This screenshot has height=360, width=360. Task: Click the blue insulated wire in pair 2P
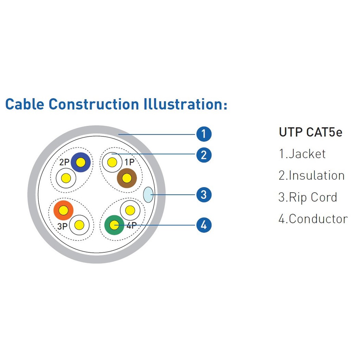click(81, 162)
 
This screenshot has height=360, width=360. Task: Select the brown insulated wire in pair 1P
click(127, 178)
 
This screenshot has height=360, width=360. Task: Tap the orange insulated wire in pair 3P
click(63, 210)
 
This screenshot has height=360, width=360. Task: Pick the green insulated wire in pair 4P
click(114, 225)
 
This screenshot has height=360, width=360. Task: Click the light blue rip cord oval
click(148, 195)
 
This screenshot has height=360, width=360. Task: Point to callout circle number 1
click(204, 134)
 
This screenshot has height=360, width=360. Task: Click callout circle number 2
click(204, 155)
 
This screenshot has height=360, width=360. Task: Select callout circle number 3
click(204, 195)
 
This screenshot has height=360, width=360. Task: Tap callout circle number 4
click(204, 225)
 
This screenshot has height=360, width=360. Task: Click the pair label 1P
click(129, 162)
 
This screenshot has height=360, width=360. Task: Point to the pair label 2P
click(64, 162)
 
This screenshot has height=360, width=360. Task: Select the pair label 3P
click(62, 226)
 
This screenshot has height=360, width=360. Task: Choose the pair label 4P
click(131, 225)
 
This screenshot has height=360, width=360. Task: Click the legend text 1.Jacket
click(302, 154)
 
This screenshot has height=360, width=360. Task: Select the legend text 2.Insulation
click(311, 175)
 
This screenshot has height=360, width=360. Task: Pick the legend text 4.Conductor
click(313, 219)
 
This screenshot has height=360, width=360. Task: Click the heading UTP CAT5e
click(310, 132)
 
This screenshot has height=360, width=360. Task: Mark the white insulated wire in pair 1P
click(112, 162)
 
